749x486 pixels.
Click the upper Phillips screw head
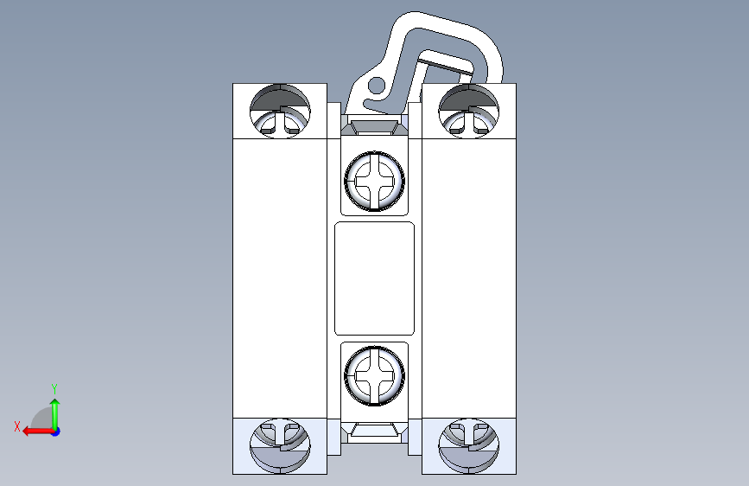click(375, 181)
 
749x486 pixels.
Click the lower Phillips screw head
click(375, 376)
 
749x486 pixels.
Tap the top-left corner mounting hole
click(280, 112)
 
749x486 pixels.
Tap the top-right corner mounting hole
click(468, 112)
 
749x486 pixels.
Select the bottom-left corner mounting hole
click(280, 446)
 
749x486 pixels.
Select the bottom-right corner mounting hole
click(468, 446)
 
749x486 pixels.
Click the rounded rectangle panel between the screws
click(375, 278)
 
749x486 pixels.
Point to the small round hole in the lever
click(377, 86)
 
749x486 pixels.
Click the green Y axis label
click(54, 388)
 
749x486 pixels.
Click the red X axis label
click(17, 426)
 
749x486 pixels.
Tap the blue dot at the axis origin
click(56, 432)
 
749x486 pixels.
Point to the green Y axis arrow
click(55, 414)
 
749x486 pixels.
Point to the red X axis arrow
click(38, 432)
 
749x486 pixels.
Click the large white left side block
click(280, 278)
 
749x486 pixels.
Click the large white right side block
click(468, 278)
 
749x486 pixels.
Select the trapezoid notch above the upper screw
click(375, 127)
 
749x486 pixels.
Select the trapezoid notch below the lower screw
click(375, 430)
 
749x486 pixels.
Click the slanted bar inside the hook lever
click(447, 66)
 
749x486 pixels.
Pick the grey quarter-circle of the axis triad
click(43, 419)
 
